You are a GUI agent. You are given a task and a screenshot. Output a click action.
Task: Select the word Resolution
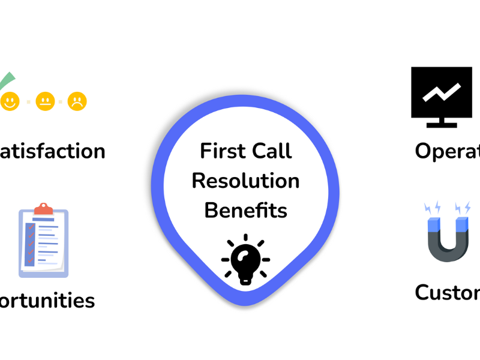click(245, 181)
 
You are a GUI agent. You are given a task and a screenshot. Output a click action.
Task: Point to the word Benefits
click(245, 211)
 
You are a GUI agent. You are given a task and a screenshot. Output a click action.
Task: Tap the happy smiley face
click(10, 101)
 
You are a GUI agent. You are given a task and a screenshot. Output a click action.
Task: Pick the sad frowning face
click(77, 101)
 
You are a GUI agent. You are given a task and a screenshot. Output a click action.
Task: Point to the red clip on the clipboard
click(43, 209)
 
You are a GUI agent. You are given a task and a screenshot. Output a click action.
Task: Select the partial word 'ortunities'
click(48, 300)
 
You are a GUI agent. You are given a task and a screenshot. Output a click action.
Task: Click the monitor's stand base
click(442, 125)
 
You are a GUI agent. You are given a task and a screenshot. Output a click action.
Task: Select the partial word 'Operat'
click(447, 152)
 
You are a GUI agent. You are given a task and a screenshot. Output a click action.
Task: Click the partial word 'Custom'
click(447, 293)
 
